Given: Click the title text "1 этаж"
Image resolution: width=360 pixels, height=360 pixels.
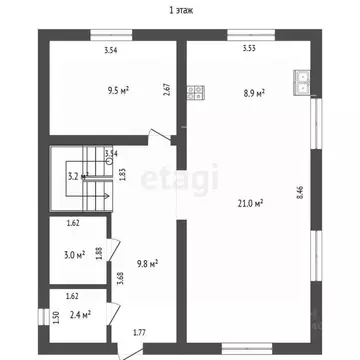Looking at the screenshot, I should pyautogui.click(x=181, y=10).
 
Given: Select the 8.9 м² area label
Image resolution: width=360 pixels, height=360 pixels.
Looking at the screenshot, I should pyautogui.click(x=254, y=93).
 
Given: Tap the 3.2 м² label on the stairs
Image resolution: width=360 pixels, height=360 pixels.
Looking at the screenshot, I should pyautogui.click(x=76, y=177).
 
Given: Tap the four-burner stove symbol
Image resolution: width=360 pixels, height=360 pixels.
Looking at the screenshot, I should pyautogui.click(x=196, y=94).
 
